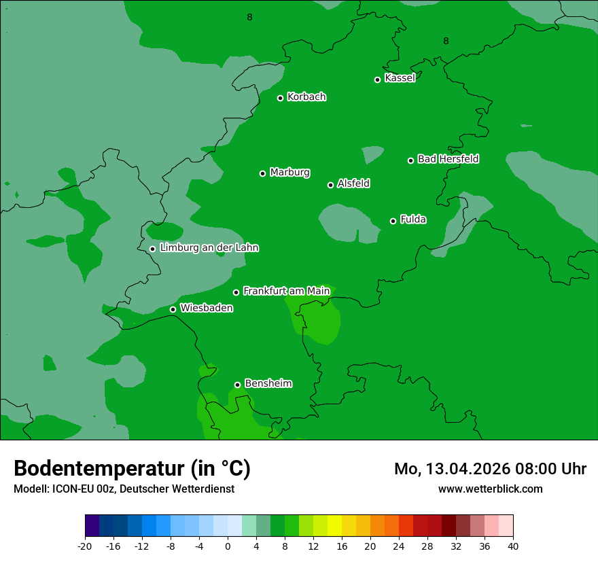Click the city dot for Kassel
[x=377, y=80]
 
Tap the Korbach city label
[x=306, y=97]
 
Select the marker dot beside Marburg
[x=262, y=173]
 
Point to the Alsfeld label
[x=353, y=183]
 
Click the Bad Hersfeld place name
[x=448, y=159]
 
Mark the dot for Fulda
[x=393, y=221]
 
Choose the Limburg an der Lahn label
[x=209, y=248]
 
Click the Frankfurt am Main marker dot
[x=236, y=292]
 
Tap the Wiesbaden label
[x=207, y=309]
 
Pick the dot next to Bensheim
[x=237, y=385]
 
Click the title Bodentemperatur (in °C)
[x=132, y=469]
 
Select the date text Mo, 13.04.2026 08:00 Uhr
[x=490, y=469]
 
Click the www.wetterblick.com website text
[x=490, y=489]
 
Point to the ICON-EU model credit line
[x=124, y=489]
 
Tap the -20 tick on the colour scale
[x=85, y=546]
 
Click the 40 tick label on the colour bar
[x=513, y=546]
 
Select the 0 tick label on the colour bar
[x=228, y=546]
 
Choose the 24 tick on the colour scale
[x=399, y=546]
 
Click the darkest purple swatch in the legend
[x=92, y=526]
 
